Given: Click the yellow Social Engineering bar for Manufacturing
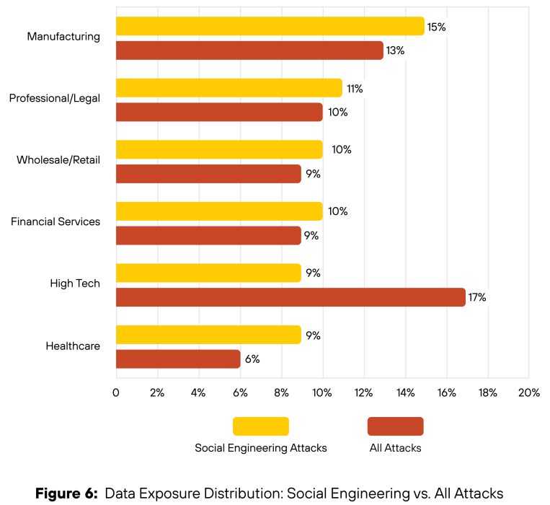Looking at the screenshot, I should pyautogui.click(x=270, y=26).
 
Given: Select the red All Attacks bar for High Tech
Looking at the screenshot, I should pyautogui.click(x=290, y=297).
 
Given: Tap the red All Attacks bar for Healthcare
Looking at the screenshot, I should pyautogui.click(x=177, y=359).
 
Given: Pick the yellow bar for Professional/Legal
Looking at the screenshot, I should pyautogui.click(x=229, y=88).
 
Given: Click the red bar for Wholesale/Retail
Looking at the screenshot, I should pyautogui.click(x=208, y=174).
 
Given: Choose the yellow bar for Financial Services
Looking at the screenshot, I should pyautogui.click(x=218, y=211).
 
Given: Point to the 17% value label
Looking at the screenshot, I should pyautogui.click(x=477, y=297).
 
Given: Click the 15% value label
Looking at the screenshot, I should pyautogui.click(x=436, y=27).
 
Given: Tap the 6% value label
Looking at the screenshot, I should pyautogui.click(x=252, y=359).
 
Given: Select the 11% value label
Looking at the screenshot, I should pyautogui.click(x=354, y=89).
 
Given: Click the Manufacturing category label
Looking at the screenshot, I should pyautogui.click(x=63, y=36).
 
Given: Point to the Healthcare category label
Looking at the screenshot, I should pyautogui.click(x=73, y=346).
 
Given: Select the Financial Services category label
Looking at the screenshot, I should pyautogui.click(x=56, y=221).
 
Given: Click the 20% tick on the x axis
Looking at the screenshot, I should pyautogui.click(x=528, y=392).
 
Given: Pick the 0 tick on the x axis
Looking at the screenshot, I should pyautogui.click(x=116, y=392).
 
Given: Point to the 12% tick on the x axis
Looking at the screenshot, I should pyautogui.click(x=363, y=392).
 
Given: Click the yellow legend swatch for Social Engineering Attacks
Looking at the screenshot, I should pyautogui.click(x=260, y=426).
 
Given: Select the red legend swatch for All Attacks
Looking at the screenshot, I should pyautogui.click(x=395, y=426).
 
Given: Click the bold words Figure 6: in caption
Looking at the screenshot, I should pyautogui.click(x=66, y=493).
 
